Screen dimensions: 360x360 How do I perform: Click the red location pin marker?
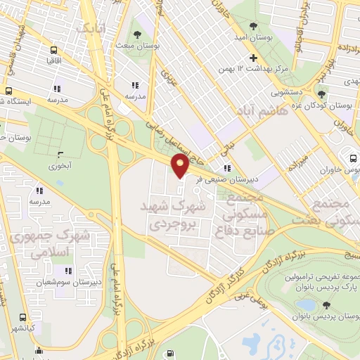(x=180, y=166)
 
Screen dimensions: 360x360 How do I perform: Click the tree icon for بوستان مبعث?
(x=136, y=36)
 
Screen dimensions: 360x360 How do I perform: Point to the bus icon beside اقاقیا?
(x=53, y=51)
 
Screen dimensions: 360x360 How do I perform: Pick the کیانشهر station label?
(x=23, y=328)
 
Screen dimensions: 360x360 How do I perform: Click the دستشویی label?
(x=287, y=91)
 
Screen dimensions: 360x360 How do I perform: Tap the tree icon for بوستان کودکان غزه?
(x=322, y=95)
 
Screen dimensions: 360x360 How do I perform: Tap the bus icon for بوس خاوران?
(x=352, y=157)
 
